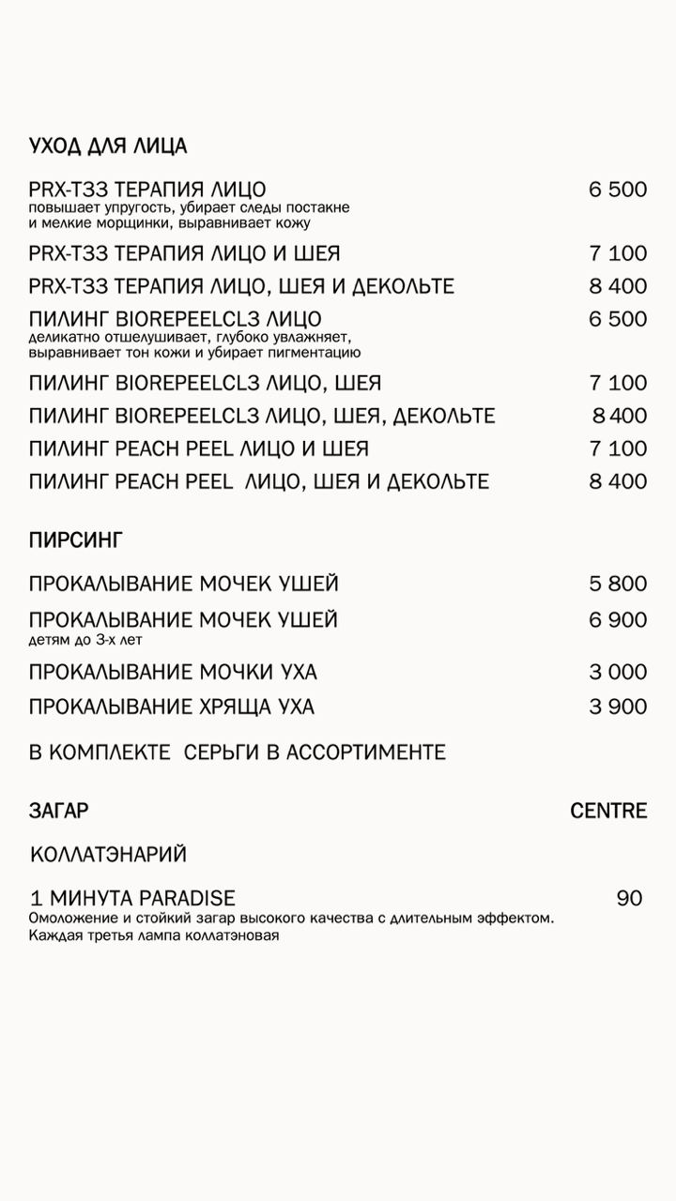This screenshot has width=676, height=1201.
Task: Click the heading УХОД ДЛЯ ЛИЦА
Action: [x=108, y=146]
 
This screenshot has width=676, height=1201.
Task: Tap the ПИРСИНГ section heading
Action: [x=76, y=540]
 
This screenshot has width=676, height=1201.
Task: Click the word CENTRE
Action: [x=608, y=811]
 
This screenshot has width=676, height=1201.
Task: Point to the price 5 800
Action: [x=618, y=585]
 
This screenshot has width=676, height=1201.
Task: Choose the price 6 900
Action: [x=618, y=620]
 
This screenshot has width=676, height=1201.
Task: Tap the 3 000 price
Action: [x=618, y=673]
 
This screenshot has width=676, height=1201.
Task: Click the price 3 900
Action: [x=618, y=707]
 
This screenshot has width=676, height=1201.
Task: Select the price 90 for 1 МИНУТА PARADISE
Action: [x=629, y=899]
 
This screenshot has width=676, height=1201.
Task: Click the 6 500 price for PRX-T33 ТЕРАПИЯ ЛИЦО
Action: [x=618, y=190]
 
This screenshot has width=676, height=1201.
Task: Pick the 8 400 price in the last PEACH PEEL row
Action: [x=618, y=482]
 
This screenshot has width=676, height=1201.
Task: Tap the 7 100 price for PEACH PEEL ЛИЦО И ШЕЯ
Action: [x=618, y=448]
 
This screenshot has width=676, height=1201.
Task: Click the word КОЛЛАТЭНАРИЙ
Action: [x=109, y=855]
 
